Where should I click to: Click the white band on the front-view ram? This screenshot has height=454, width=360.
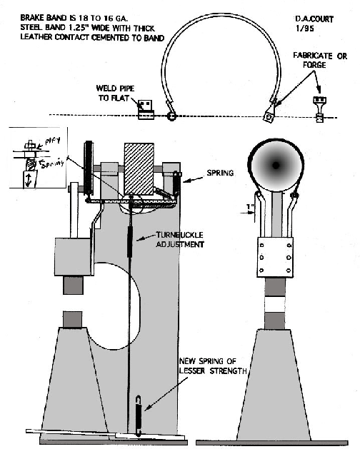(x=274, y=295)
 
